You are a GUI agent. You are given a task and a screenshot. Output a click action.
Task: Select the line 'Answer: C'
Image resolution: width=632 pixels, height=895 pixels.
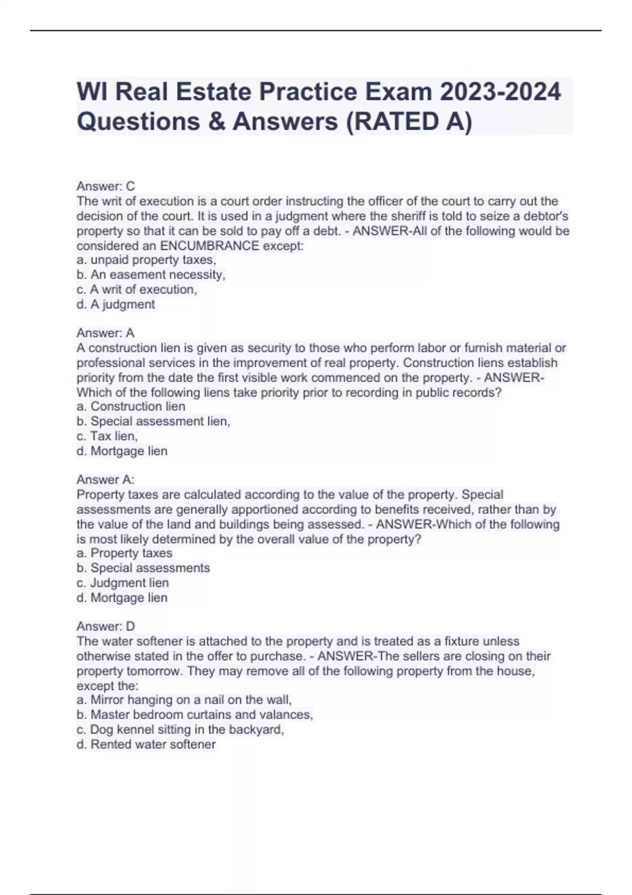[106, 186]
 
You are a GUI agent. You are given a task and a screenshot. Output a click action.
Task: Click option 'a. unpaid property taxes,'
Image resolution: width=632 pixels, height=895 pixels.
[146, 260]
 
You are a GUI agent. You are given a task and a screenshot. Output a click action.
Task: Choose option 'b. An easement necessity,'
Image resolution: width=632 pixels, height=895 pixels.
[151, 275]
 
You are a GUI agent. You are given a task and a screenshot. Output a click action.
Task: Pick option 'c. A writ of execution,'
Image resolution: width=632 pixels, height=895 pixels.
[137, 290]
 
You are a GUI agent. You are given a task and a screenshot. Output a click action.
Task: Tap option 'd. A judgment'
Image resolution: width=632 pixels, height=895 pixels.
[116, 304]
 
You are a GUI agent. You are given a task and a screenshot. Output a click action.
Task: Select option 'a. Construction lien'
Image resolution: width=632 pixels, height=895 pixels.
[131, 406]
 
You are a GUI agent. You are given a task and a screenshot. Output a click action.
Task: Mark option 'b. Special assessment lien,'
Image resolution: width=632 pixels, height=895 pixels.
[153, 421]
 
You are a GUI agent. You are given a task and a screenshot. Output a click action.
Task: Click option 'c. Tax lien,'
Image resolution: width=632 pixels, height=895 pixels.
[107, 436]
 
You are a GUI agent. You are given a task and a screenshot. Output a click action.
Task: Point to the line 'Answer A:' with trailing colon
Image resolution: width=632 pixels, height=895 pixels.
[105, 480]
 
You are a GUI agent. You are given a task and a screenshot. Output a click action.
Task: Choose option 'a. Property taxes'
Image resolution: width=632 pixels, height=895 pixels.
[124, 553]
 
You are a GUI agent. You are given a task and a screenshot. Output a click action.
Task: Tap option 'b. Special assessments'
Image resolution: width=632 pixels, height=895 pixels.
[143, 568]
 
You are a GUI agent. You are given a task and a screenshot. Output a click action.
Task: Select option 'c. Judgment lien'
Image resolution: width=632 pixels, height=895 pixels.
[123, 583]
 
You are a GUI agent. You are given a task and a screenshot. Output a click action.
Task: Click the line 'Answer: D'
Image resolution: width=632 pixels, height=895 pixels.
[106, 626]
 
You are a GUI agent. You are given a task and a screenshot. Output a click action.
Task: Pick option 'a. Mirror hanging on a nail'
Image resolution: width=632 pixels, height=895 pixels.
[184, 700]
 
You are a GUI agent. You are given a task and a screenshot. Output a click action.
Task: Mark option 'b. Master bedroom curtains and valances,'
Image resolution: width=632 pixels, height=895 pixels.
[195, 714]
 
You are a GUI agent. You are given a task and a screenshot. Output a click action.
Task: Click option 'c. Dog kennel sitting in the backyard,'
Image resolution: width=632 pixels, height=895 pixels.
[180, 730]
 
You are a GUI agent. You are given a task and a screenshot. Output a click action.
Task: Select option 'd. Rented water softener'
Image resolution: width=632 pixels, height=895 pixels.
[146, 744]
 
